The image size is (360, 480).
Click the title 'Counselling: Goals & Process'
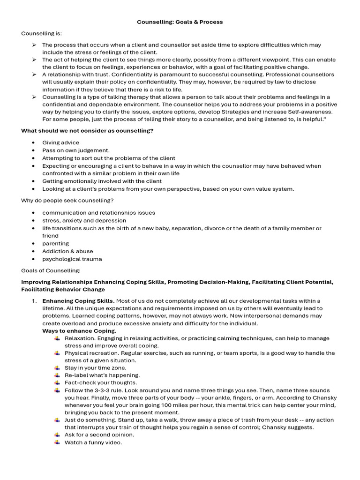pyautogui.click(x=180, y=22)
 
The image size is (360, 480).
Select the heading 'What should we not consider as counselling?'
pyautogui.click(x=87, y=131)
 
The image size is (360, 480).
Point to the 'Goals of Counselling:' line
pyautogui.click(x=51, y=270)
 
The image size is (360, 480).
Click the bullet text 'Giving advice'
pyautogui.click(x=60, y=142)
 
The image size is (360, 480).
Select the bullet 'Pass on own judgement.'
pyautogui.click(x=76, y=150)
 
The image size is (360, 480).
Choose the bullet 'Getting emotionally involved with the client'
pyautogui.click(x=102, y=181)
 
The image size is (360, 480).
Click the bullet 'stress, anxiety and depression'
pyautogui.click(x=84, y=220)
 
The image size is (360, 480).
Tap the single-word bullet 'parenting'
pyautogui.click(x=55, y=244)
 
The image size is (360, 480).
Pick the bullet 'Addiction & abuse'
pyautogui.click(x=67, y=251)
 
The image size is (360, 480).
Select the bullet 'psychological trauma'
pyautogui.click(x=72, y=259)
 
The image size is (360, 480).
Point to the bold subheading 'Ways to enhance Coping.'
pyautogui.click(x=79, y=331)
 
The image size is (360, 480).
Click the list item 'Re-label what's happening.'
pyautogui.click(x=102, y=375)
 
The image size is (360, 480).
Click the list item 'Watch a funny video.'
pyautogui.click(x=93, y=442)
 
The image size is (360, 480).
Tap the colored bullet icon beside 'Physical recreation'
pyautogui.click(x=57, y=352)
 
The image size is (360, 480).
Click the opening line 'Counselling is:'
pyautogui.click(x=41, y=34)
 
